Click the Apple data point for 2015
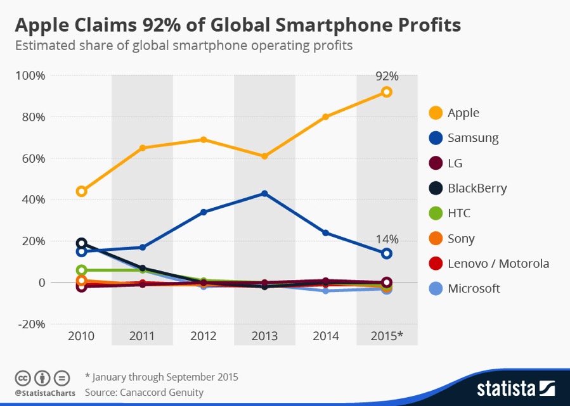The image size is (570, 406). pos(386,92)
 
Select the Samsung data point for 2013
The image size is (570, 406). pos(264,193)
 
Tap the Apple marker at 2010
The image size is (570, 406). pos(81,191)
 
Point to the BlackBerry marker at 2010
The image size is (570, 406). pos(81,243)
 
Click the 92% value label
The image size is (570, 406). pos(387,76)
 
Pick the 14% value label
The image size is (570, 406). pos(387,239)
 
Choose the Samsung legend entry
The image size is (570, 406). pos(473,138)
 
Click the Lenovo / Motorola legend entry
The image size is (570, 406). pos(498,263)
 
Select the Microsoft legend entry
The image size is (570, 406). pos(474,289)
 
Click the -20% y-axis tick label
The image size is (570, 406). pos(30,324)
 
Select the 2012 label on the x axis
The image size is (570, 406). pos(203,336)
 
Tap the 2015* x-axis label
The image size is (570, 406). pos(387,336)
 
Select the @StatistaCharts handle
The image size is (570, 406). pos(44,393)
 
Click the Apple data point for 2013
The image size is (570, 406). pos(264,156)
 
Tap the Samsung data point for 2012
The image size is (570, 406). pos(203,212)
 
